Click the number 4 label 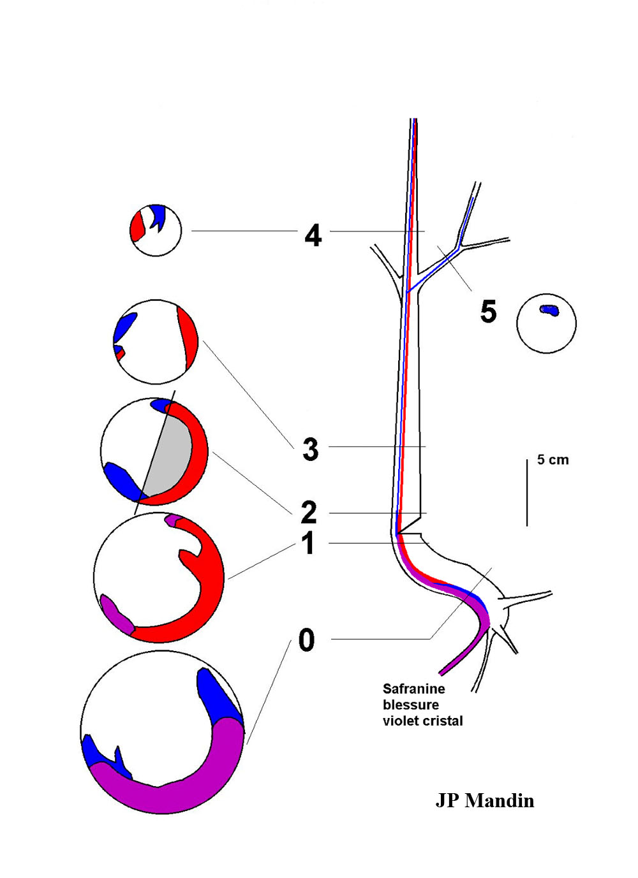(x=313, y=236)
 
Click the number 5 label (x=488, y=312)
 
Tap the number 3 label (x=311, y=450)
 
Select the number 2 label (x=309, y=512)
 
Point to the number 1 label (x=309, y=544)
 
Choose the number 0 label (x=307, y=640)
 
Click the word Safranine (x=413, y=689)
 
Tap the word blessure (x=411, y=705)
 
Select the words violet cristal (x=422, y=721)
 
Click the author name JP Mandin (x=484, y=801)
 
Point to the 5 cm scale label (x=553, y=460)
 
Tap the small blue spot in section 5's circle (x=548, y=310)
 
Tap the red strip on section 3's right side (x=189, y=341)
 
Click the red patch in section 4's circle (x=137, y=226)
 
